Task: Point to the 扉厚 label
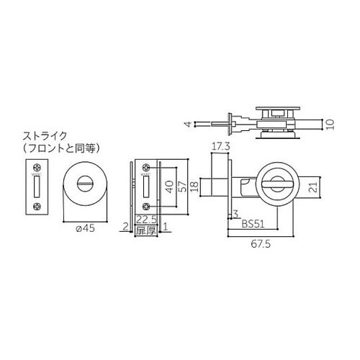pos(146,230)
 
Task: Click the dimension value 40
pos(168,188)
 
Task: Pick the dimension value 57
pos(184,188)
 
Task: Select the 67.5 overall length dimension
pos(261,244)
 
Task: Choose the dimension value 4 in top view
pos(186,124)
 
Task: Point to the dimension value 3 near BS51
pos(235,213)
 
